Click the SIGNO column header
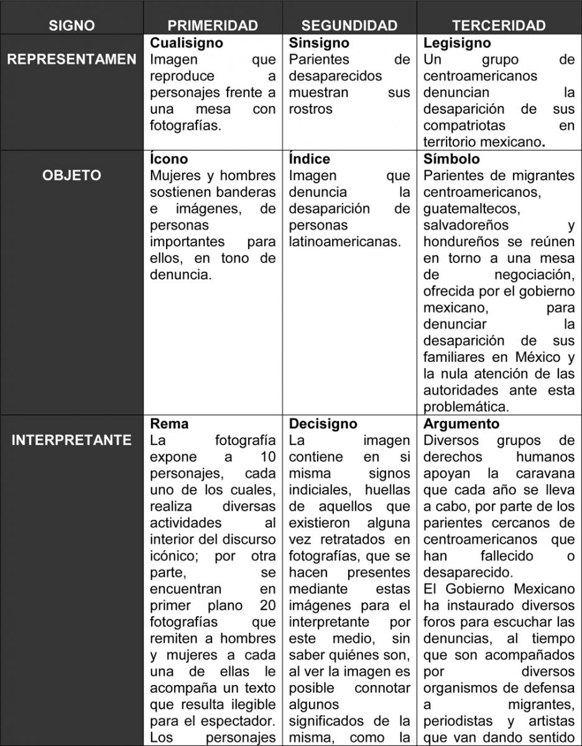[72, 25]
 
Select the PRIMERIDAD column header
[213, 25]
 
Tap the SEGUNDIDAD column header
[349, 25]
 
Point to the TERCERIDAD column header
[499, 25]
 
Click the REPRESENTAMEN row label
[72, 60]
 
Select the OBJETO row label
[72, 175]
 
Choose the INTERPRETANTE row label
[72, 440]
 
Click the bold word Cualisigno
[187, 44]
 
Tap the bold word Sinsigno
[319, 44]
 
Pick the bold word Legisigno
[457, 44]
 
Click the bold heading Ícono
[169, 159]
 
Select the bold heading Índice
[310, 159]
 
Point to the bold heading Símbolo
[451, 159]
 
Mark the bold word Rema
[169, 424]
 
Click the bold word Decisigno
[323, 424]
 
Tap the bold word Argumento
[461, 424]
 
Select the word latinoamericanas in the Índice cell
[344, 241]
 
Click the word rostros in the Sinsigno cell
[310, 109]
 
